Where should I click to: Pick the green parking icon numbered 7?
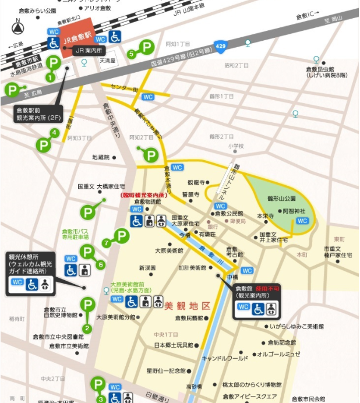121,236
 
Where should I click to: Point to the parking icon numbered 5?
146,47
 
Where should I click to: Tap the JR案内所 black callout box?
89,51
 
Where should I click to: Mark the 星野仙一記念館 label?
165,370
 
